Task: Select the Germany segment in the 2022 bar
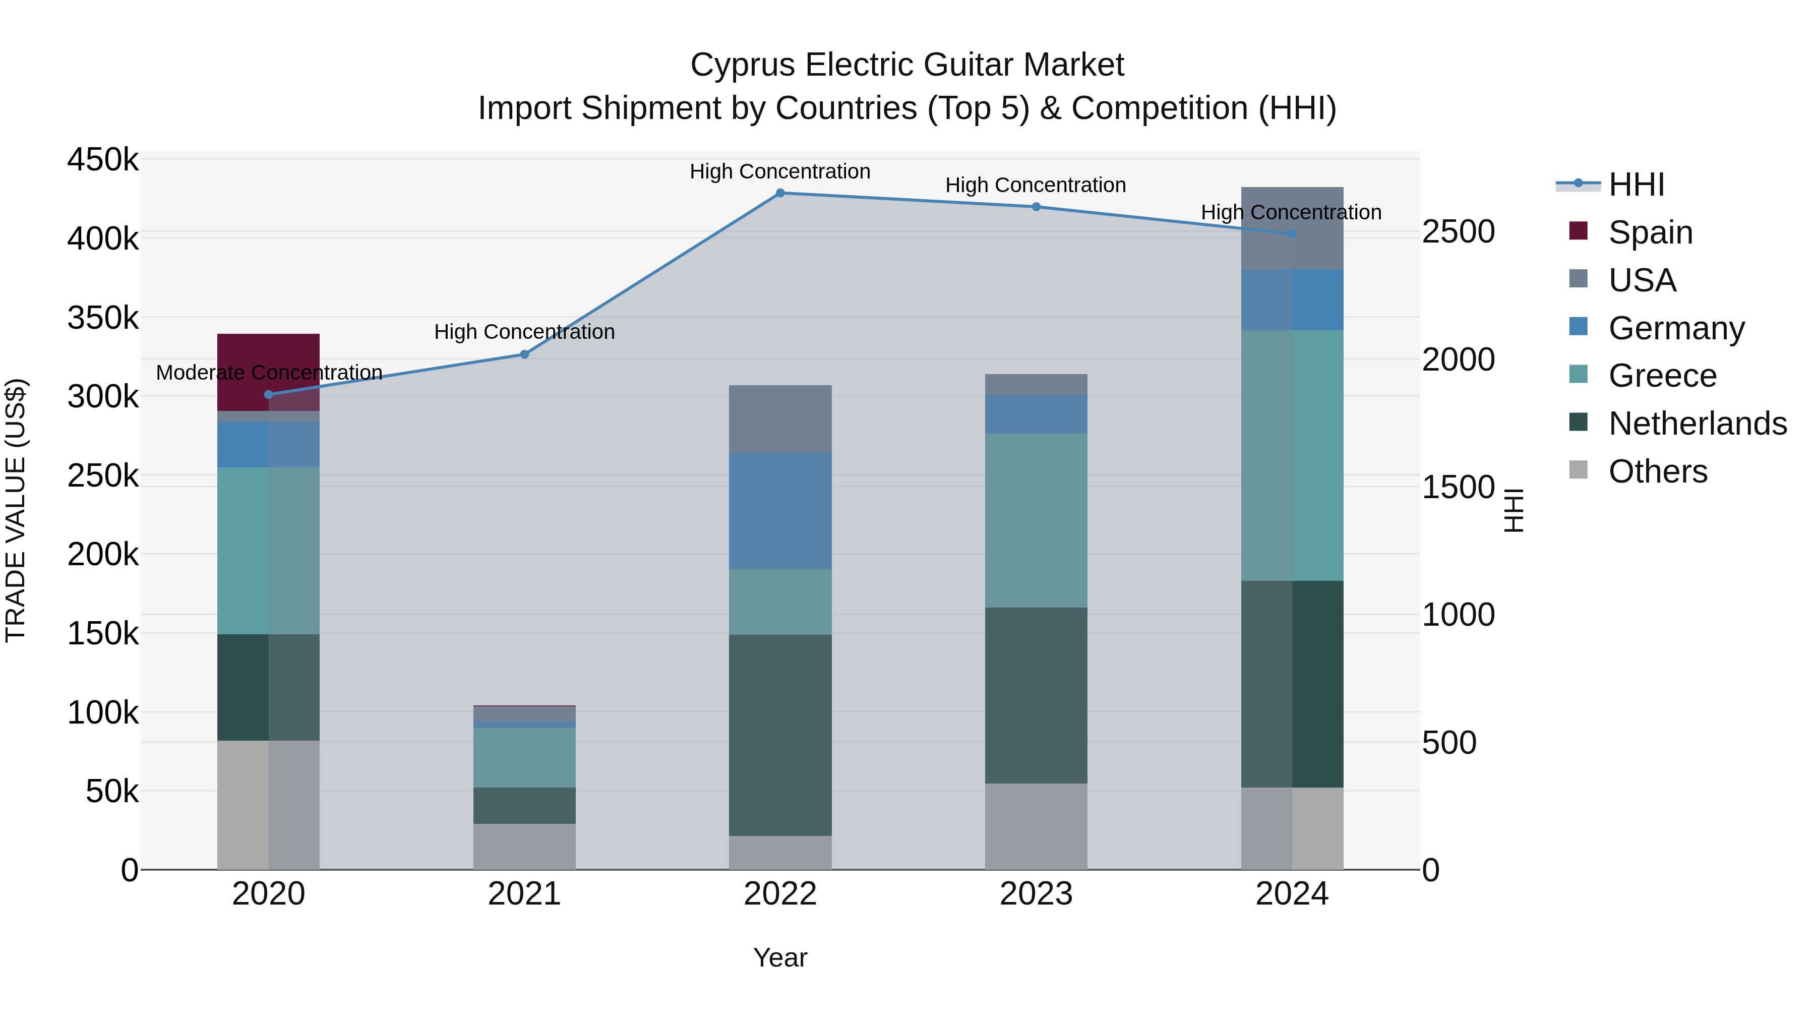click(x=780, y=510)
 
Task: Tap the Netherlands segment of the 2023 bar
click(x=1036, y=695)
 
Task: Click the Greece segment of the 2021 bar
click(x=524, y=757)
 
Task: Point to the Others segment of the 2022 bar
click(x=780, y=852)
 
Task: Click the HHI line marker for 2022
click(x=780, y=193)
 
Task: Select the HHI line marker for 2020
click(x=268, y=395)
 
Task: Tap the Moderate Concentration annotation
click(x=268, y=372)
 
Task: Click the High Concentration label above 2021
click(x=524, y=331)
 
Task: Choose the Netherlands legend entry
click(x=1697, y=424)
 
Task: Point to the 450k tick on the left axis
click(x=103, y=160)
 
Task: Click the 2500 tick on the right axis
click(x=1458, y=232)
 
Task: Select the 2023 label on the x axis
click(x=1036, y=894)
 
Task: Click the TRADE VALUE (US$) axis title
click(x=16, y=510)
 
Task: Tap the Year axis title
click(x=780, y=957)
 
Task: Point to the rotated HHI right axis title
click(x=1514, y=510)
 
